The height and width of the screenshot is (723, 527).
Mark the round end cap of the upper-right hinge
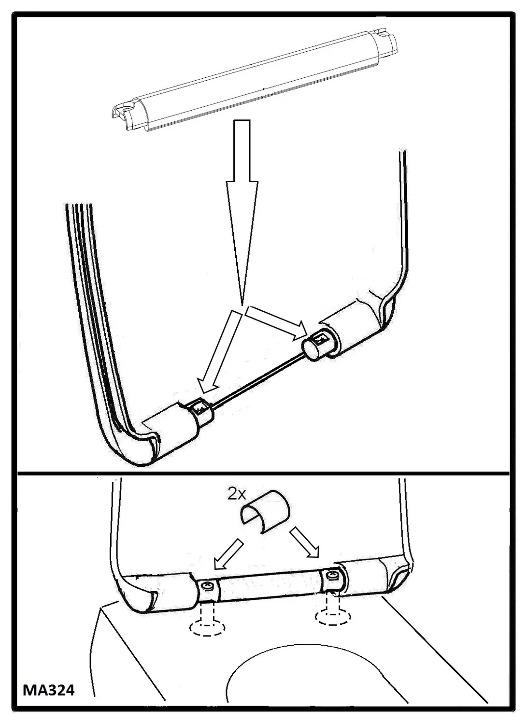[x=311, y=350]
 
